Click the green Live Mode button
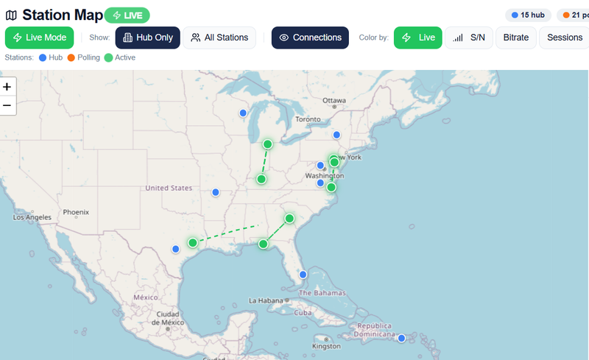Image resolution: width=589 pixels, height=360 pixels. (x=40, y=38)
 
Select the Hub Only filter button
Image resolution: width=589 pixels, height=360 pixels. (x=147, y=38)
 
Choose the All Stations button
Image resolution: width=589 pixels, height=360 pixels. (x=219, y=38)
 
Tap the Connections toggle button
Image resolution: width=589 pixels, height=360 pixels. (x=310, y=38)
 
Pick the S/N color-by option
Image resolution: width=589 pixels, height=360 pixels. (x=469, y=38)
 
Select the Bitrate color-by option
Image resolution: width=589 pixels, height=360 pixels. (x=515, y=38)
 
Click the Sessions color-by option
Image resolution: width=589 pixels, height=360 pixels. (x=564, y=38)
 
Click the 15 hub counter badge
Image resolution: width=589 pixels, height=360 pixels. (x=527, y=15)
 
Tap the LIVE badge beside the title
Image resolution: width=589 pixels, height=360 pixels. (x=127, y=15)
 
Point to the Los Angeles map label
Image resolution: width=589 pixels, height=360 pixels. (x=32, y=217)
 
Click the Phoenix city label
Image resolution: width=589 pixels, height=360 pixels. (x=76, y=212)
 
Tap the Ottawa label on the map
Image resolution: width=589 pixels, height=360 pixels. (x=334, y=100)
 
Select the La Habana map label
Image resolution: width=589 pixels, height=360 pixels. (x=267, y=300)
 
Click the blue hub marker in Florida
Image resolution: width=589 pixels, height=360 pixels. (x=302, y=275)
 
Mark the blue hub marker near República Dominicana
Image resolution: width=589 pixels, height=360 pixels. (x=401, y=338)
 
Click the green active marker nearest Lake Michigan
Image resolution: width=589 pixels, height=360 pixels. (x=267, y=144)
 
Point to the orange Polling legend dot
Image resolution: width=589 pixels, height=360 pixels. (x=72, y=57)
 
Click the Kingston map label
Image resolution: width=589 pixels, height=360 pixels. (x=326, y=346)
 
